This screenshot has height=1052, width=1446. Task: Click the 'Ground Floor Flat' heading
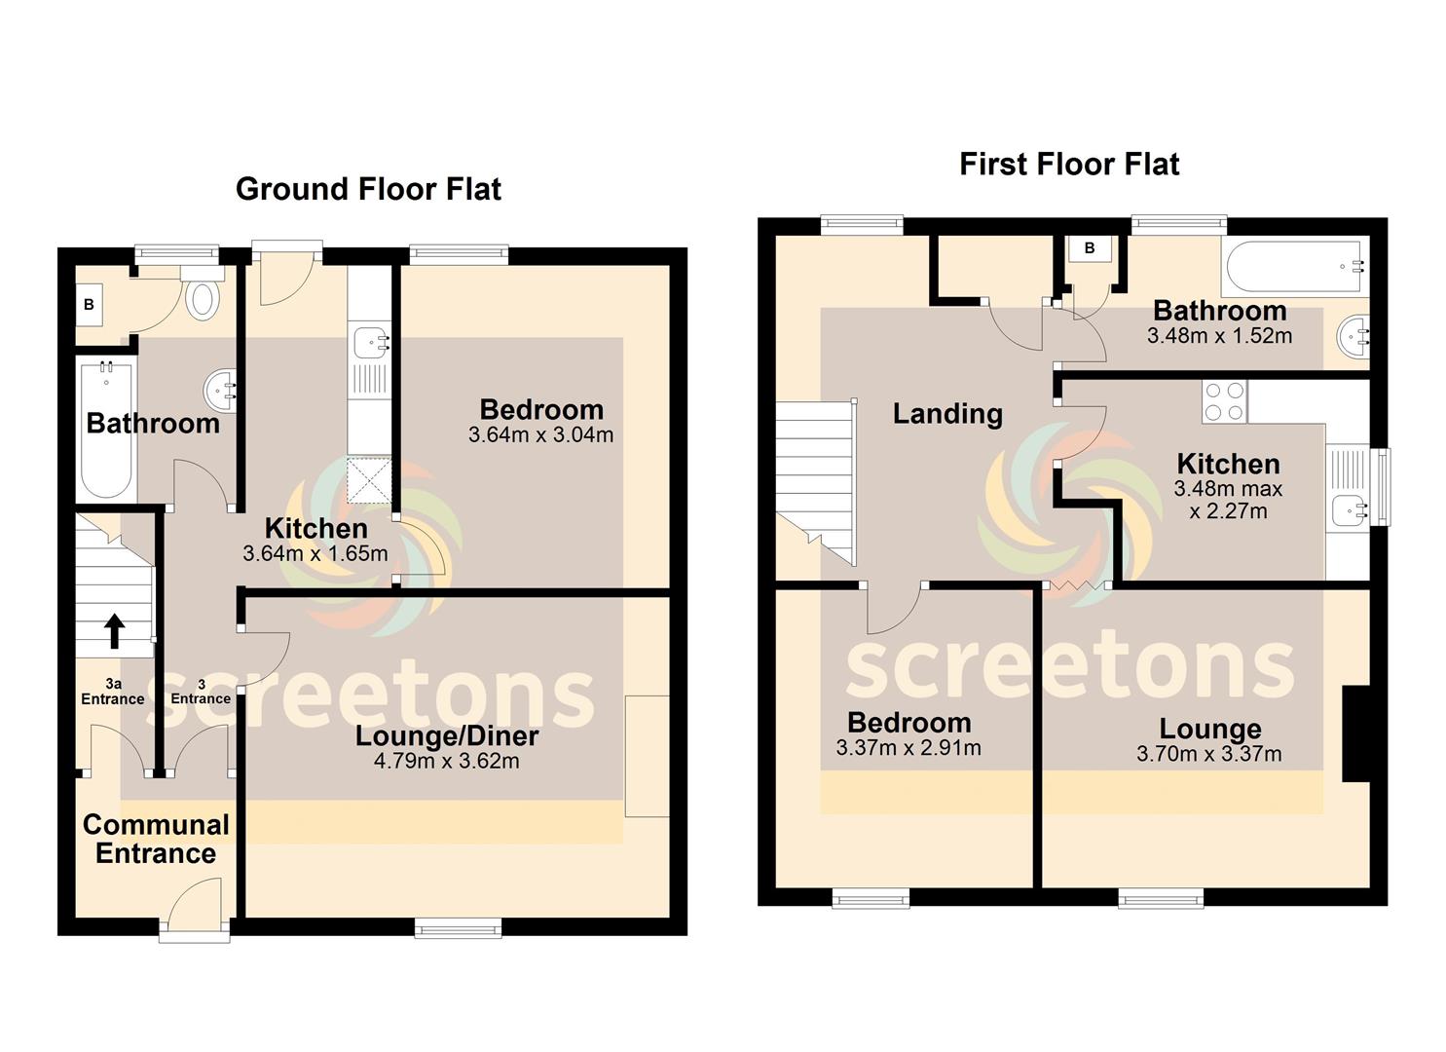coord(368,189)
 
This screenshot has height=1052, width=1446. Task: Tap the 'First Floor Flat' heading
coord(1069,164)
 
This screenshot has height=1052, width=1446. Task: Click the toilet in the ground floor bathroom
coord(203,293)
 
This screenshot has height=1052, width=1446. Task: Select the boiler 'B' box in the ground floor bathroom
coord(89,304)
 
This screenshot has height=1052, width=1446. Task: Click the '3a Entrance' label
coord(113,691)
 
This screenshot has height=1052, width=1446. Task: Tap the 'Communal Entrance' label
coord(156,840)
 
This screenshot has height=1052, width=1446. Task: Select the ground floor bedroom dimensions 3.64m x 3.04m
coord(541,434)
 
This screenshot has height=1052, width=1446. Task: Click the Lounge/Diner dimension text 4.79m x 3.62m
coord(447,761)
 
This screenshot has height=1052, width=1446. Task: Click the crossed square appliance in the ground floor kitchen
coord(369,480)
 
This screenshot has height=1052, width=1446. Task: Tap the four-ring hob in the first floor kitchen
coord(1225,401)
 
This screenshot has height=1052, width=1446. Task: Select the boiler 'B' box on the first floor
coord(1090,248)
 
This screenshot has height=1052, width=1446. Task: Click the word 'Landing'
coord(947,414)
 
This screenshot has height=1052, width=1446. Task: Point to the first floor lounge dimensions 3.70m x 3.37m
coord(1209,754)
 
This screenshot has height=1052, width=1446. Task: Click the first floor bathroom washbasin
coord(1354,336)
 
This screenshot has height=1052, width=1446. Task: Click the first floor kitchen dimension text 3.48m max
coord(1228,489)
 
